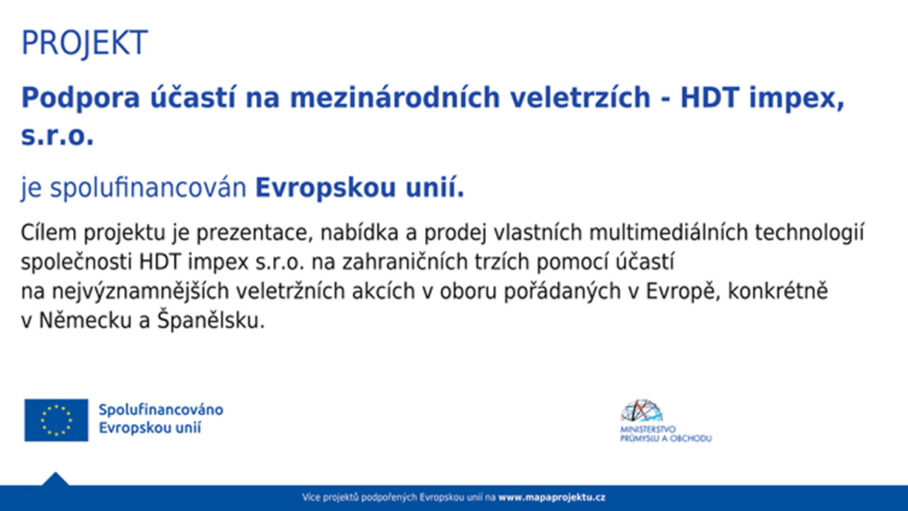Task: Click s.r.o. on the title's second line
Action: [x=58, y=137]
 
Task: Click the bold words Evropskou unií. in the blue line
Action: [x=360, y=189]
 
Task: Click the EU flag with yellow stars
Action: [x=56, y=420]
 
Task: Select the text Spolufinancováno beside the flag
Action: [x=160, y=410]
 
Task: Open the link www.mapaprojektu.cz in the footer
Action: [x=552, y=498]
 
